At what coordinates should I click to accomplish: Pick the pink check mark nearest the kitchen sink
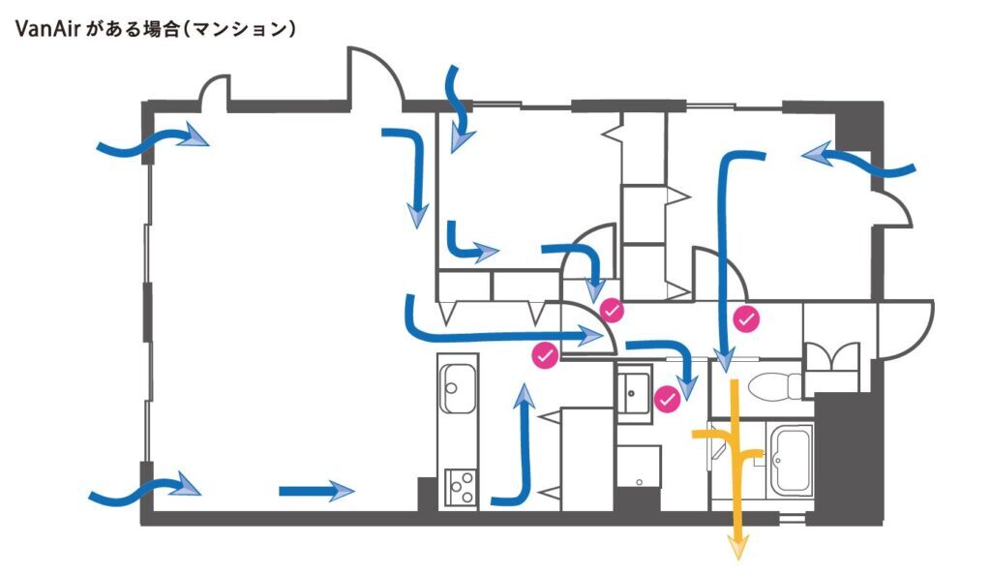[x=546, y=356]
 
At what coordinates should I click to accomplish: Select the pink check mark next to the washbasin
[x=666, y=398]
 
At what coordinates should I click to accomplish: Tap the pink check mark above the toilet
[x=747, y=317]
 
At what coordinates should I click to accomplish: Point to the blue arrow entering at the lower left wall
[x=145, y=489]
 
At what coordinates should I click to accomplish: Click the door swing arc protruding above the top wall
[x=375, y=72]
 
